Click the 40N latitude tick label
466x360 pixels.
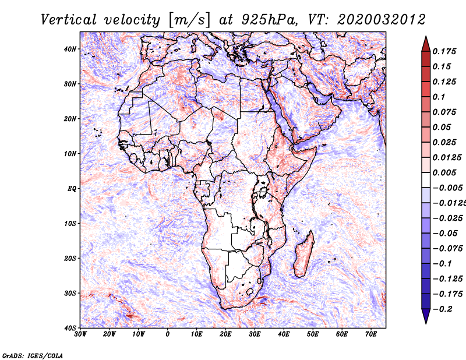[70, 49]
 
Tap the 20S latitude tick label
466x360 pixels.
[70, 258]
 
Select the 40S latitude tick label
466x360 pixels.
[70, 328]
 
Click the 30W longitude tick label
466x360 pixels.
[81, 334]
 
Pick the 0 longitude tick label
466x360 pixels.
[168, 334]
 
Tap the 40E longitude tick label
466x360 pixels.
[284, 334]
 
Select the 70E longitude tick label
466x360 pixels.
[371, 334]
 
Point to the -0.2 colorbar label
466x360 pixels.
[442, 309]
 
